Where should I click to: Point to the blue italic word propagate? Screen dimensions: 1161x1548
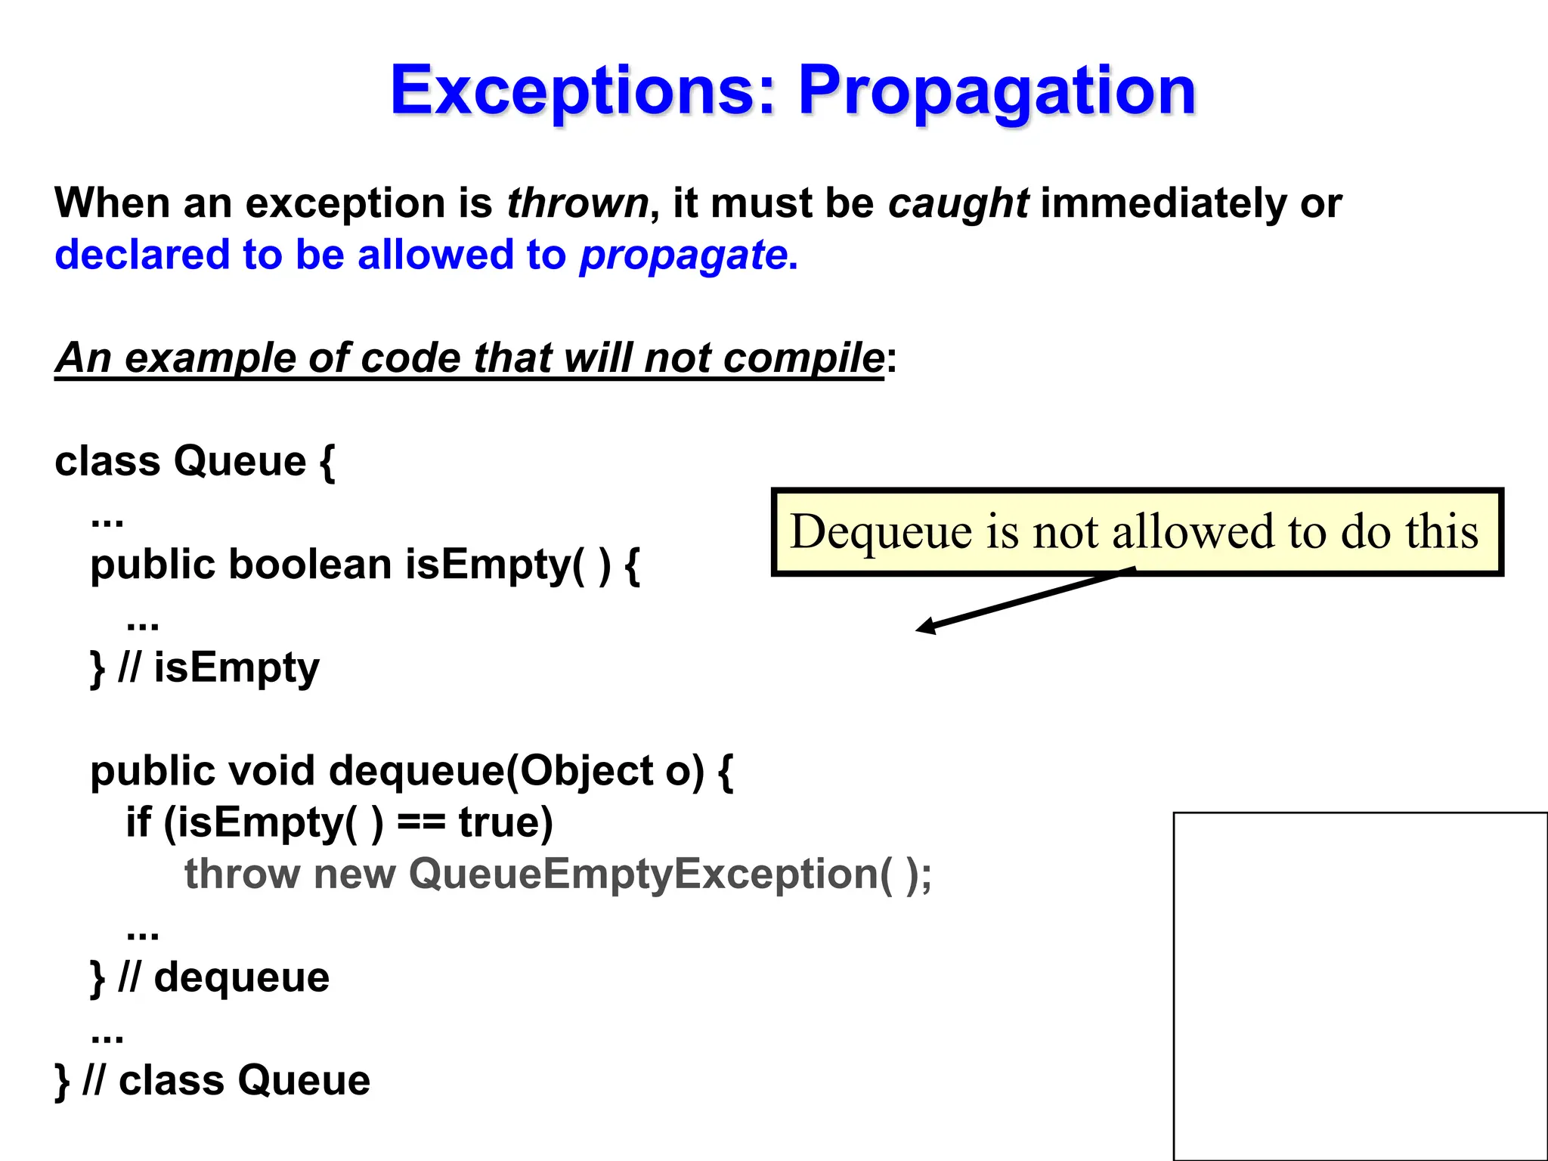(683, 255)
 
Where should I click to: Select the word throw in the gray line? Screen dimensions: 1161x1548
(242, 874)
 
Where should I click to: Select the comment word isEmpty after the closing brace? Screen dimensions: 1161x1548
(237, 668)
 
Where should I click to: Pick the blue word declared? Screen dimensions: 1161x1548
(142, 255)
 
